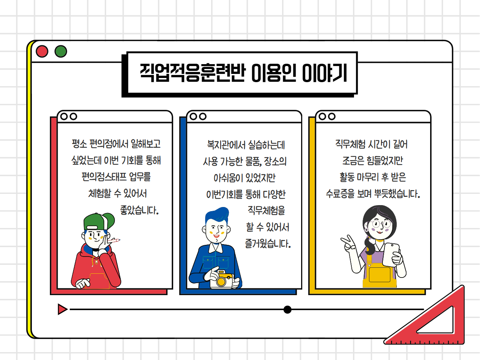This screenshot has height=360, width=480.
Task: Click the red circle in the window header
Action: coord(42,51)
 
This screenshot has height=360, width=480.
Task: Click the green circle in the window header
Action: coord(61,51)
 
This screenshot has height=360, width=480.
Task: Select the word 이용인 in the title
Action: coord(274,73)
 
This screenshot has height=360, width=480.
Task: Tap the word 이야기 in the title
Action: coord(325,73)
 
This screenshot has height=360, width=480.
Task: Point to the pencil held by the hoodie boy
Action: coord(114,240)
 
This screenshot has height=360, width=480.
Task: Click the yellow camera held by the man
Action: coord(221,279)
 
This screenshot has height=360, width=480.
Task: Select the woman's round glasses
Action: coord(380,224)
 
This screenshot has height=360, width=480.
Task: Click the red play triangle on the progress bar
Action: coord(63,309)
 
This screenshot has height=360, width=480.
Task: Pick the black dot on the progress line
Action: coord(287,309)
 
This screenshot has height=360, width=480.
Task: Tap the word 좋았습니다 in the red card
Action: coord(139,210)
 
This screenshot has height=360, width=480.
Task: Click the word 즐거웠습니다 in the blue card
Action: coord(268,243)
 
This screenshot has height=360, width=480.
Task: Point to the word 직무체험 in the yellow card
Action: coord(350,144)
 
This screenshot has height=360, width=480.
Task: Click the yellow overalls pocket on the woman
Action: coord(379,274)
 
